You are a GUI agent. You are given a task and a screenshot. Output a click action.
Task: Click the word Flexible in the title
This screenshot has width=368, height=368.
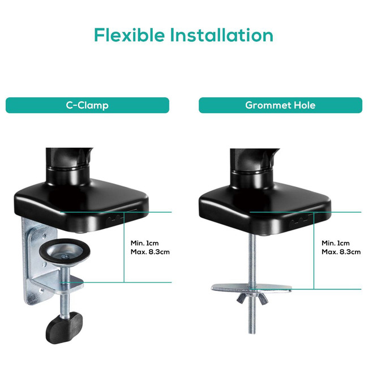[129, 35]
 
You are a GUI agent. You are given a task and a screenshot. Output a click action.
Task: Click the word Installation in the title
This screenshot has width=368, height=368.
[221, 35]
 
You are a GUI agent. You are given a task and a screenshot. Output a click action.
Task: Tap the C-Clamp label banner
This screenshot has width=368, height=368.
[87, 105]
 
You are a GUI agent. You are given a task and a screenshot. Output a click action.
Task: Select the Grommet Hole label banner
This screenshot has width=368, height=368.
[280, 105]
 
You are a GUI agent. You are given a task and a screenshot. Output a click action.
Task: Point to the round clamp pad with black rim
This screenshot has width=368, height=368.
[65, 251]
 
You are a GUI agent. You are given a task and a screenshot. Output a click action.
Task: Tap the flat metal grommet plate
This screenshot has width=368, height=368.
[251, 288]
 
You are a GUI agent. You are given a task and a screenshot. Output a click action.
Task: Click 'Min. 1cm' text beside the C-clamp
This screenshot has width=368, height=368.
[144, 243]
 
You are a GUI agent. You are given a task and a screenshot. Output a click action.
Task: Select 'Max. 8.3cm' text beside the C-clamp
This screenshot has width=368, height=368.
[150, 252]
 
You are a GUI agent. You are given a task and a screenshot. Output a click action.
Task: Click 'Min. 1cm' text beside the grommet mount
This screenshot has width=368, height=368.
[336, 243]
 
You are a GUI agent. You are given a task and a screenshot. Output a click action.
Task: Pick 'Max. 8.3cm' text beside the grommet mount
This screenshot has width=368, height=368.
[341, 252]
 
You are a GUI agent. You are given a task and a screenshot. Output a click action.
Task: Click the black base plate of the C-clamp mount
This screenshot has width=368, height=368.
[81, 207]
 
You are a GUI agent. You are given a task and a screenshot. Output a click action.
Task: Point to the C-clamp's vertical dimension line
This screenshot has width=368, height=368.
[124, 247]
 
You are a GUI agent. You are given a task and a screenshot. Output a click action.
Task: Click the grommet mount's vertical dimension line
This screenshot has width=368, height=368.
[314, 251]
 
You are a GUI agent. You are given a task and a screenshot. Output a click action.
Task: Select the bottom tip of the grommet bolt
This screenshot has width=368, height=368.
[252, 333]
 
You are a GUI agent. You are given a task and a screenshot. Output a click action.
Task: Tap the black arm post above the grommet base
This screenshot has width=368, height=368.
[254, 168]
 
